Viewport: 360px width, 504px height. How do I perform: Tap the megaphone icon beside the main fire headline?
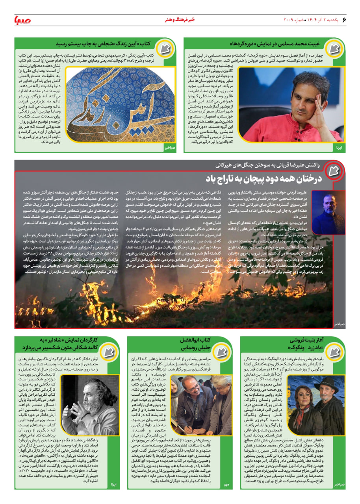coord(335,172)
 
